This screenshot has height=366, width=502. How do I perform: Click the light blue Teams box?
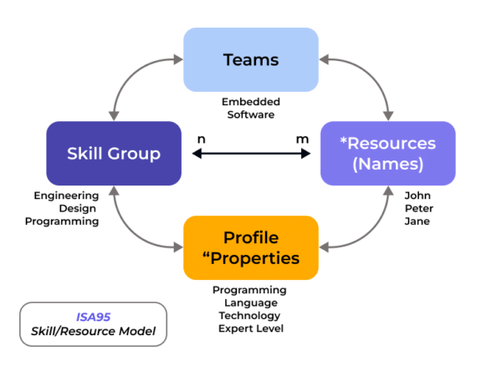[x=250, y=59]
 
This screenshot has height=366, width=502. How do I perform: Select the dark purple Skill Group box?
[x=114, y=153]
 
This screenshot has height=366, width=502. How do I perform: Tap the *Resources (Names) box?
[x=388, y=153]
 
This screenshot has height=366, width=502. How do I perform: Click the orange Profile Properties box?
[x=250, y=247]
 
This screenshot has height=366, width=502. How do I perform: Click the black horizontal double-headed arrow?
[x=250, y=154]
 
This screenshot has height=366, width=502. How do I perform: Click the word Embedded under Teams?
[x=250, y=102]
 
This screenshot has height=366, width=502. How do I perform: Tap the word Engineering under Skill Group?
[x=67, y=196]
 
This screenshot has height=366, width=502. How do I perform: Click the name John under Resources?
[x=417, y=196]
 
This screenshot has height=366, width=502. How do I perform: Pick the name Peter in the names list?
[x=419, y=208]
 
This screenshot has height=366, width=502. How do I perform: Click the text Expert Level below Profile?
[x=250, y=328]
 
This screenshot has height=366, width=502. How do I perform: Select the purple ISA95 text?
[x=92, y=317]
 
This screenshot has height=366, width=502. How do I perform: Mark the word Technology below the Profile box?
[x=250, y=316]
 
